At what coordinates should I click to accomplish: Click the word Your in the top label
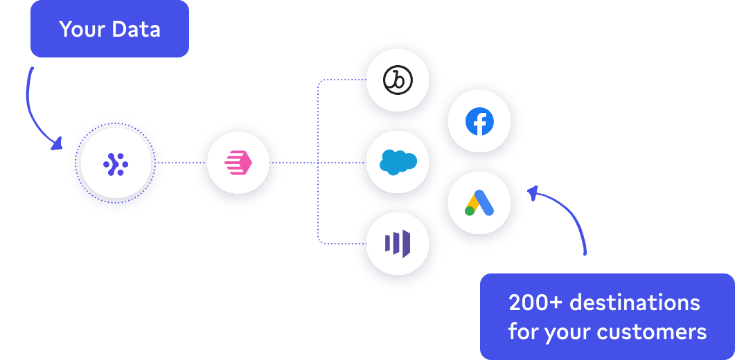(x=82, y=29)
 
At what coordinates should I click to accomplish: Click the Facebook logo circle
(x=479, y=122)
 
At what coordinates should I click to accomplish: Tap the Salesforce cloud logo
(x=398, y=163)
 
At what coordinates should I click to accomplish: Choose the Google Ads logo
(x=479, y=203)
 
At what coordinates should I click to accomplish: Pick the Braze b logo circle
(x=398, y=82)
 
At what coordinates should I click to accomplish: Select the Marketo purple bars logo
(x=398, y=244)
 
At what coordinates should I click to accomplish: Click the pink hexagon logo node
(x=238, y=163)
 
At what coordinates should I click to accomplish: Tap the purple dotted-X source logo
(x=116, y=163)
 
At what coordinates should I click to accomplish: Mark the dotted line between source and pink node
(x=178, y=163)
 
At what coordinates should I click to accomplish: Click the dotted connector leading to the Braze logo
(x=336, y=80)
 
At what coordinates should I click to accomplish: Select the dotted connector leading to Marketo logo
(x=336, y=242)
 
